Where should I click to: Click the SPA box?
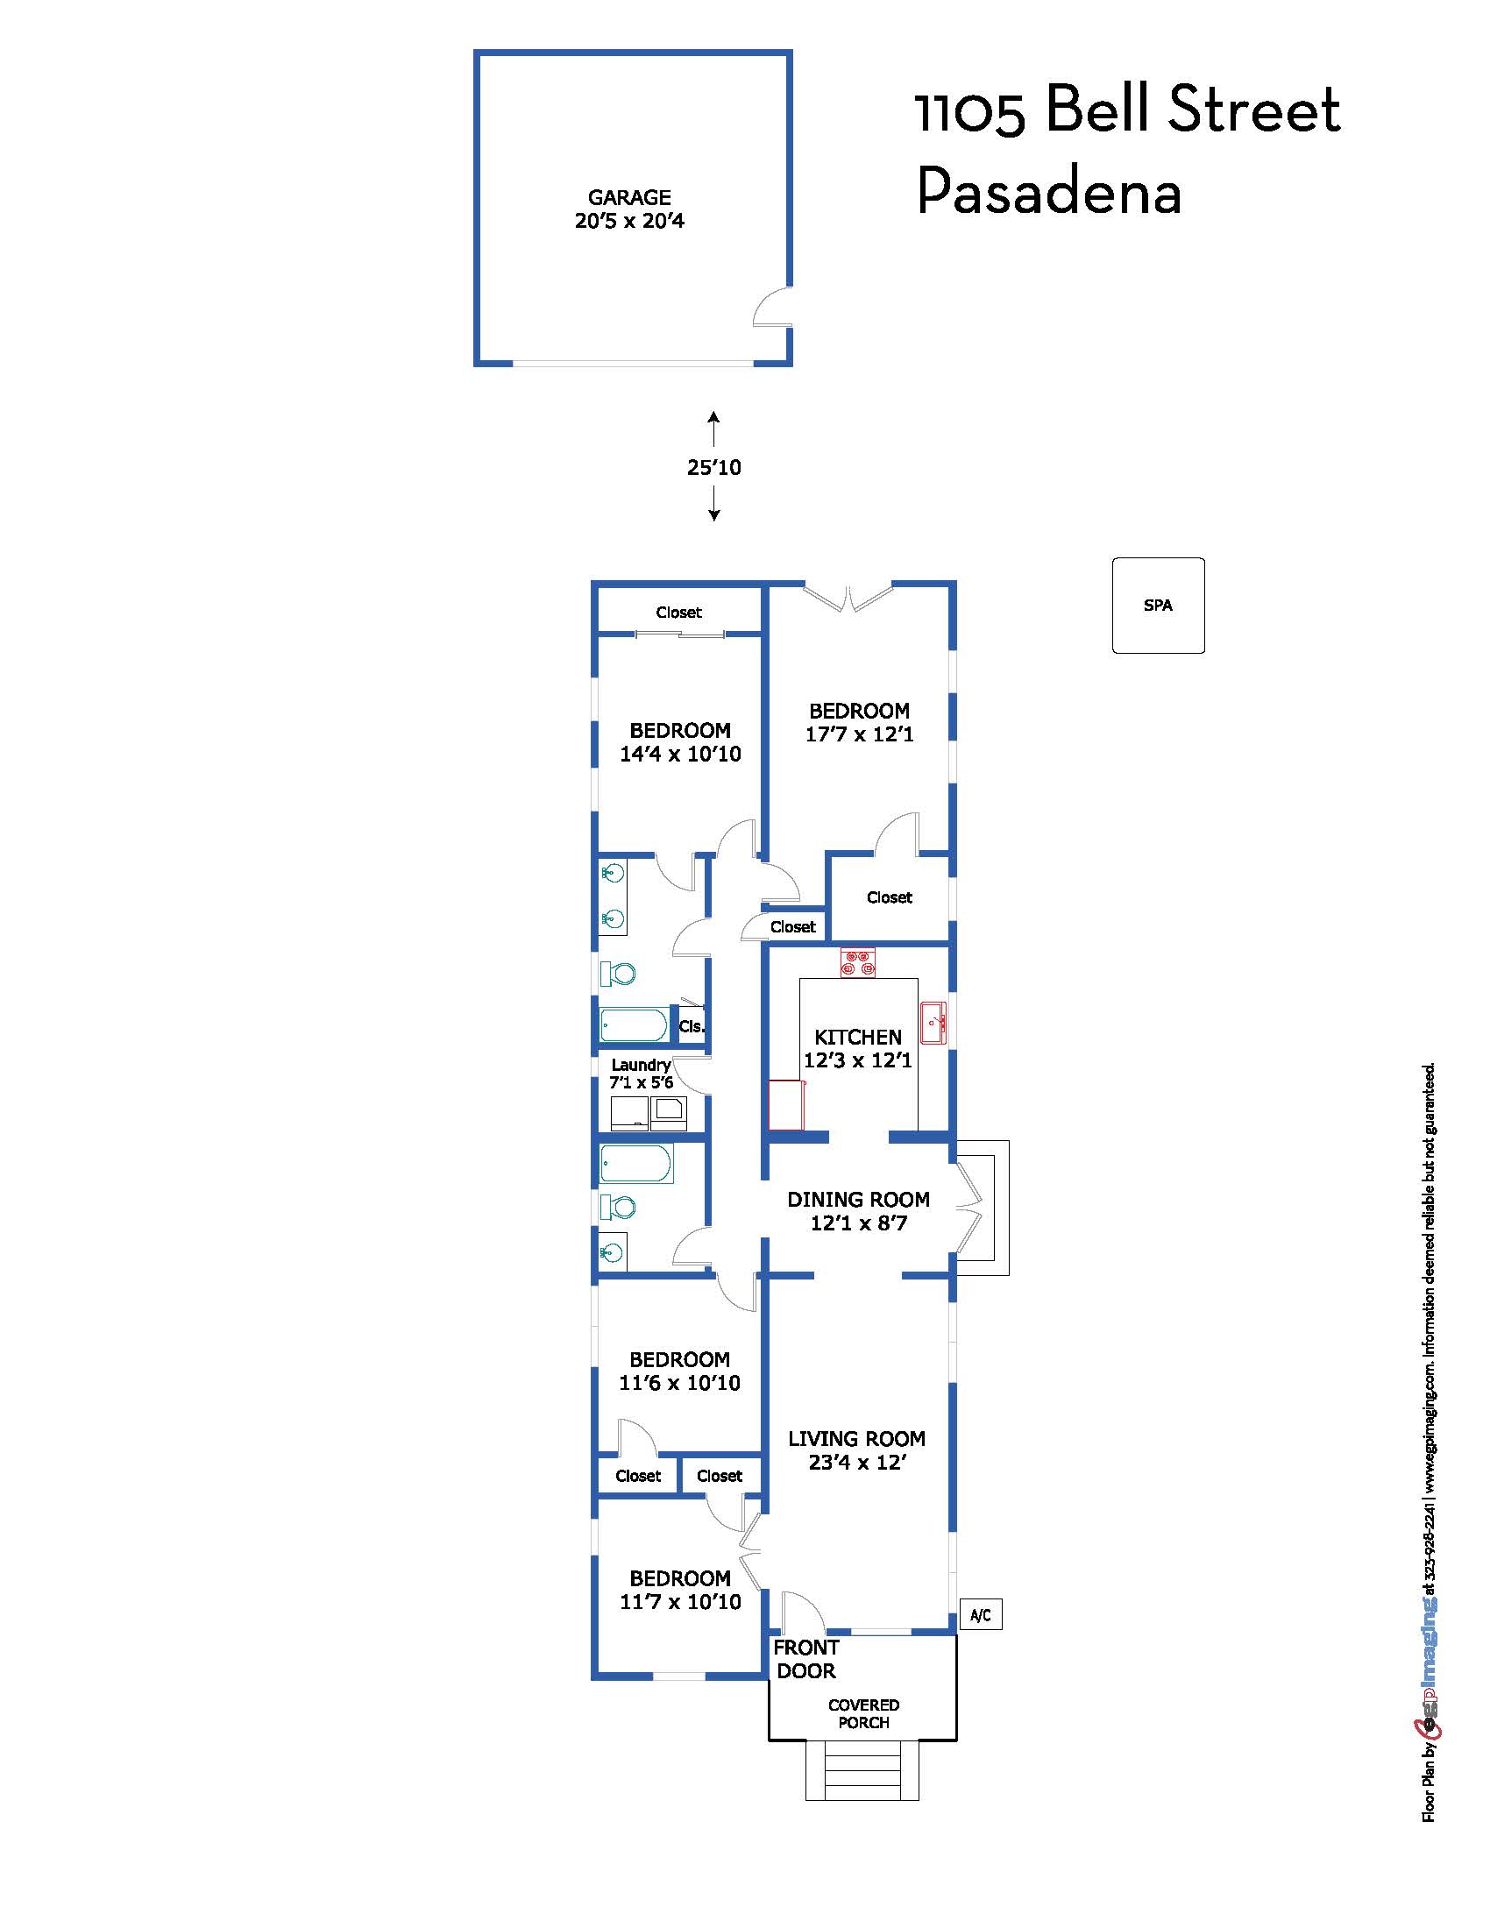coord(1157,606)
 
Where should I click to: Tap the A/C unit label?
coord(980,1615)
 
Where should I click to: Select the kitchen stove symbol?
coord(857,962)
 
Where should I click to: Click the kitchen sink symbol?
coord(933,1023)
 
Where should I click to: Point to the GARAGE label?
coord(629,198)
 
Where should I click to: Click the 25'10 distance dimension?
coord(714,467)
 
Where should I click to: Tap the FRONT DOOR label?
coord(805,1659)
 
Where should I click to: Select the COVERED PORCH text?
coord(863,1713)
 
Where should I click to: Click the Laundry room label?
coord(641,1065)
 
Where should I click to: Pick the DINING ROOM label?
coord(858,1200)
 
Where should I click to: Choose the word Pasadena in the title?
coord(1048,192)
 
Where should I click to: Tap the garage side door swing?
coord(771,307)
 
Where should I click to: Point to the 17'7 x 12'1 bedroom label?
coord(859,734)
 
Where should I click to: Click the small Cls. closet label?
coord(692,1027)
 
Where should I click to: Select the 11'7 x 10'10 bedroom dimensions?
coord(679,1601)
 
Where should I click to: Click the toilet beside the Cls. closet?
coord(618,974)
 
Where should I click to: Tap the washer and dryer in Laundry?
coord(649,1113)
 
